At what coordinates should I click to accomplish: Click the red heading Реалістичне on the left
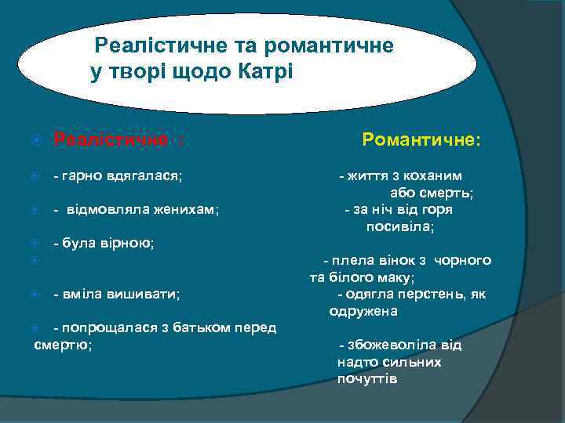pos(111,140)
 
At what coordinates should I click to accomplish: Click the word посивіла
pos(399,226)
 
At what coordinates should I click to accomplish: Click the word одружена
pos(363,311)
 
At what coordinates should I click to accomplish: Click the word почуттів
pos(367,379)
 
